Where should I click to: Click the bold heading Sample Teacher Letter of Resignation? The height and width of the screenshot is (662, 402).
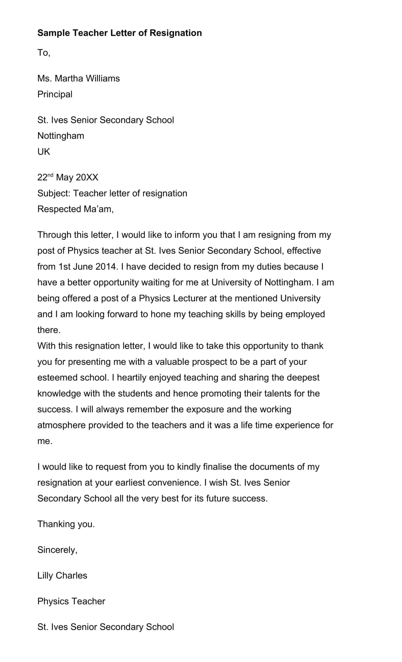tap(119, 33)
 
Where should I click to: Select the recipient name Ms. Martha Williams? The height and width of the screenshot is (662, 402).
tap(78, 78)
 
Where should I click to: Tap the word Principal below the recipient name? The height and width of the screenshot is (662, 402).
tap(55, 94)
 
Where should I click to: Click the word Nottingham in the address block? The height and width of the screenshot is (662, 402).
tap(61, 136)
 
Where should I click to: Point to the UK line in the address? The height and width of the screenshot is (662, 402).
tap(43, 152)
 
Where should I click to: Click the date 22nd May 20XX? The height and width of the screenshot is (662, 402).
tap(68, 177)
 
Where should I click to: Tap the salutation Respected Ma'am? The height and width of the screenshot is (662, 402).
tap(75, 209)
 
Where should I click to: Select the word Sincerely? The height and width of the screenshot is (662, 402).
tap(57, 550)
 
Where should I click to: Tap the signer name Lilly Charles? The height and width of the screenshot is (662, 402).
tap(62, 575)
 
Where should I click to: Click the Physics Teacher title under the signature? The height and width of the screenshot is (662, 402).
tap(71, 601)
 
